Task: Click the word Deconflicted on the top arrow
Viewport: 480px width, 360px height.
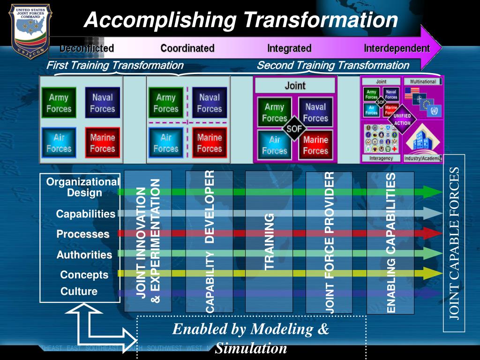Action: (x=87, y=48)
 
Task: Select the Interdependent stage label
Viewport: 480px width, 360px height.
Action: (x=397, y=48)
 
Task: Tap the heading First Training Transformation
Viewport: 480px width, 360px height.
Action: (x=115, y=66)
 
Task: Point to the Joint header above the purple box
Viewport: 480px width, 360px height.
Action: (x=295, y=86)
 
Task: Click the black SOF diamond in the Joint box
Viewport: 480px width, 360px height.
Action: (x=294, y=128)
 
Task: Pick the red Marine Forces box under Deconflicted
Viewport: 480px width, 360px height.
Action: (x=102, y=143)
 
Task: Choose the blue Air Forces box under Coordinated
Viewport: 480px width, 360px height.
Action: (x=166, y=143)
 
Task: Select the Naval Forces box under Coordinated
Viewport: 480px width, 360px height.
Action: (x=209, y=103)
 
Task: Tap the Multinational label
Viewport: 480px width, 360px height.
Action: (x=423, y=82)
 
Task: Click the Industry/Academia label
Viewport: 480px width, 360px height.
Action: (x=423, y=158)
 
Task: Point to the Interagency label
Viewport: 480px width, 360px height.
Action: (x=381, y=158)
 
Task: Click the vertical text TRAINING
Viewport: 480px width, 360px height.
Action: (x=269, y=241)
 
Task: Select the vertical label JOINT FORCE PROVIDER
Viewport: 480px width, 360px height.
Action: (x=330, y=242)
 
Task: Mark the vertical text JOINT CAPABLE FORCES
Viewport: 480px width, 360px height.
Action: (x=455, y=243)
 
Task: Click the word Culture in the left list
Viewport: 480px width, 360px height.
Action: (x=79, y=292)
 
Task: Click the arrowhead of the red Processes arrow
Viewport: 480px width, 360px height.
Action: (x=435, y=233)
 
